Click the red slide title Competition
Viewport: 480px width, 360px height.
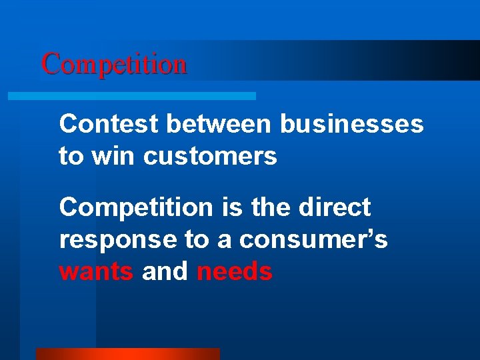114,65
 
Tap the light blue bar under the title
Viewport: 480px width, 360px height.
131,96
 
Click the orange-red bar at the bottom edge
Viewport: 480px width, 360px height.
127,354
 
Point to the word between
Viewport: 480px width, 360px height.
218,124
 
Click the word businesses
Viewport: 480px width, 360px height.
351,124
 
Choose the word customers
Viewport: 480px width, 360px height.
210,156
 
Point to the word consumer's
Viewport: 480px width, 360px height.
313,240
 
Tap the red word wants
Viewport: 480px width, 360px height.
96,272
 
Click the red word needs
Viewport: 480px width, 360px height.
235,272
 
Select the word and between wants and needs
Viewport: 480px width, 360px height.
165,272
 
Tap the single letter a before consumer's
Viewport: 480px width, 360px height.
224,240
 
